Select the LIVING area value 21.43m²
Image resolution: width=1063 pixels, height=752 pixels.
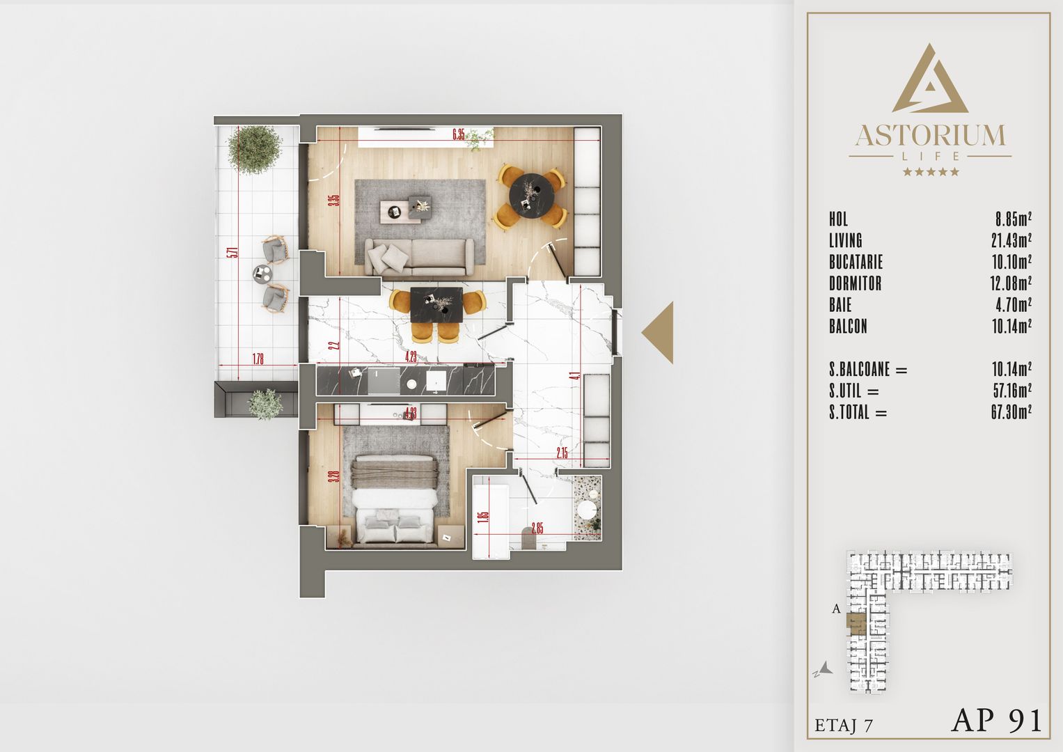pyautogui.click(x=1011, y=241)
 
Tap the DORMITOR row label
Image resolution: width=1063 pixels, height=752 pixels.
pyautogui.click(x=855, y=284)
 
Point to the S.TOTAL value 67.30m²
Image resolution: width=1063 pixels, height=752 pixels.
pyautogui.click(x=1011, y=412)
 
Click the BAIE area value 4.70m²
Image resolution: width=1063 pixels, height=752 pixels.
pyautogui.click(x=1013, y=305)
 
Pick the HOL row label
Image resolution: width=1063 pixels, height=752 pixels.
pyautogui.click(x=838, y=219)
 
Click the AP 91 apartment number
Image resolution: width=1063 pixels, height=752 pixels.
pyautogui.click(x=996, y=720)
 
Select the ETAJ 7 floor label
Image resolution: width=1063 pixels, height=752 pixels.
pyautogui.click(x=843, y=725)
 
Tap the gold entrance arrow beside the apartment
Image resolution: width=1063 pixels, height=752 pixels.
pyautogui.click(x=659, y=333)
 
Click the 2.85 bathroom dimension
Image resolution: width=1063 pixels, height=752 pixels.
pyautogui.click(x=537, y=527)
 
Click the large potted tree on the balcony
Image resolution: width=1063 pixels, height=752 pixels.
pyautogui.click(x=255, y=149)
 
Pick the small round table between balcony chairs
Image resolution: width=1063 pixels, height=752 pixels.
pyautogui.click(x=263, y=274)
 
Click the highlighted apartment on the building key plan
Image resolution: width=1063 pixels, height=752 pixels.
pyautogui.click(x=856, y=624)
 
